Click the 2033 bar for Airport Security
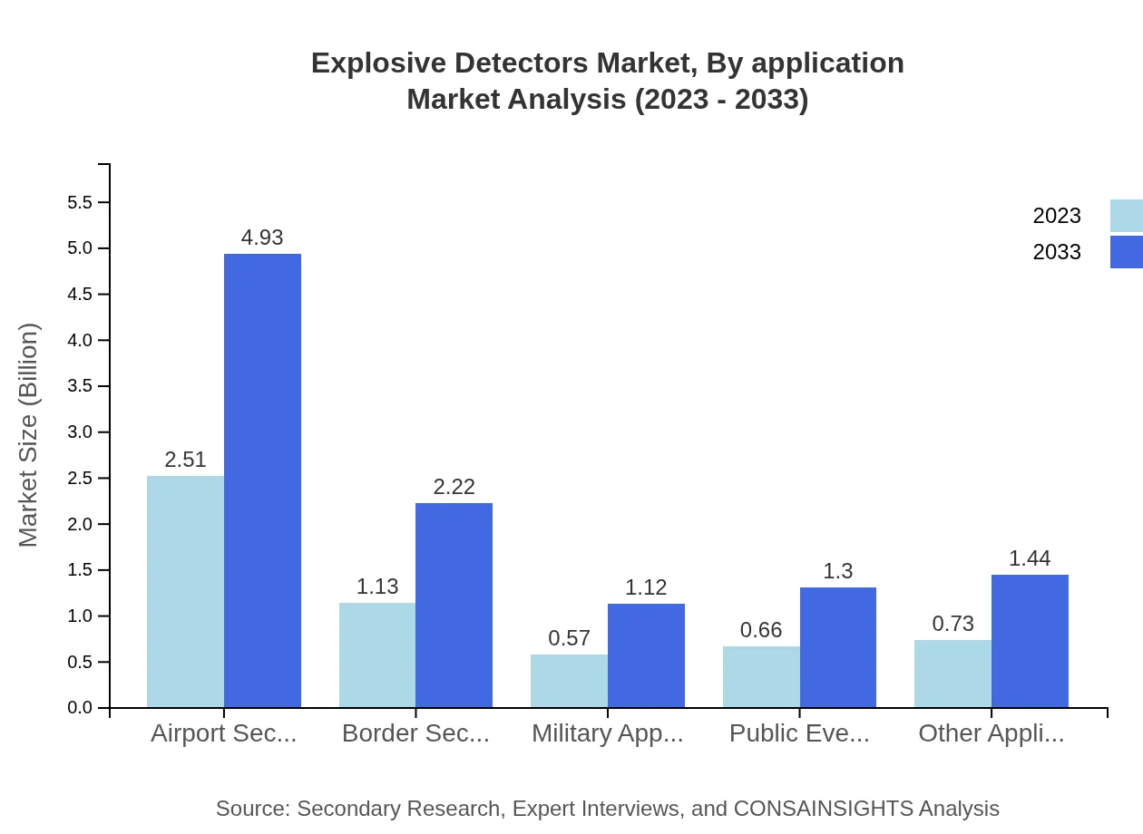pos(262,480)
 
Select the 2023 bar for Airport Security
pos(185,591)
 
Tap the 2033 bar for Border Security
pos(454,605)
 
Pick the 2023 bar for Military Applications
pos(569,681)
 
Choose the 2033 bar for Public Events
pos(837,647)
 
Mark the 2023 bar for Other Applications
pos(952,674)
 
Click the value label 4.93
pos(262,238)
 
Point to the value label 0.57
pos(569,638)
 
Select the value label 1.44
pos(1030,558)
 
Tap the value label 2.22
pos(454,487)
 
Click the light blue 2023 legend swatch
pos(1126,216)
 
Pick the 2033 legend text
pos(1057,252)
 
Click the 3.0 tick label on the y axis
pos(80,432)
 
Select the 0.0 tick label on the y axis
pos(80,708)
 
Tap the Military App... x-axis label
pos(607,733)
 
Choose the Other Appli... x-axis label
pos(991,733)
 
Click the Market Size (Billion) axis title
pos(29,435)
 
